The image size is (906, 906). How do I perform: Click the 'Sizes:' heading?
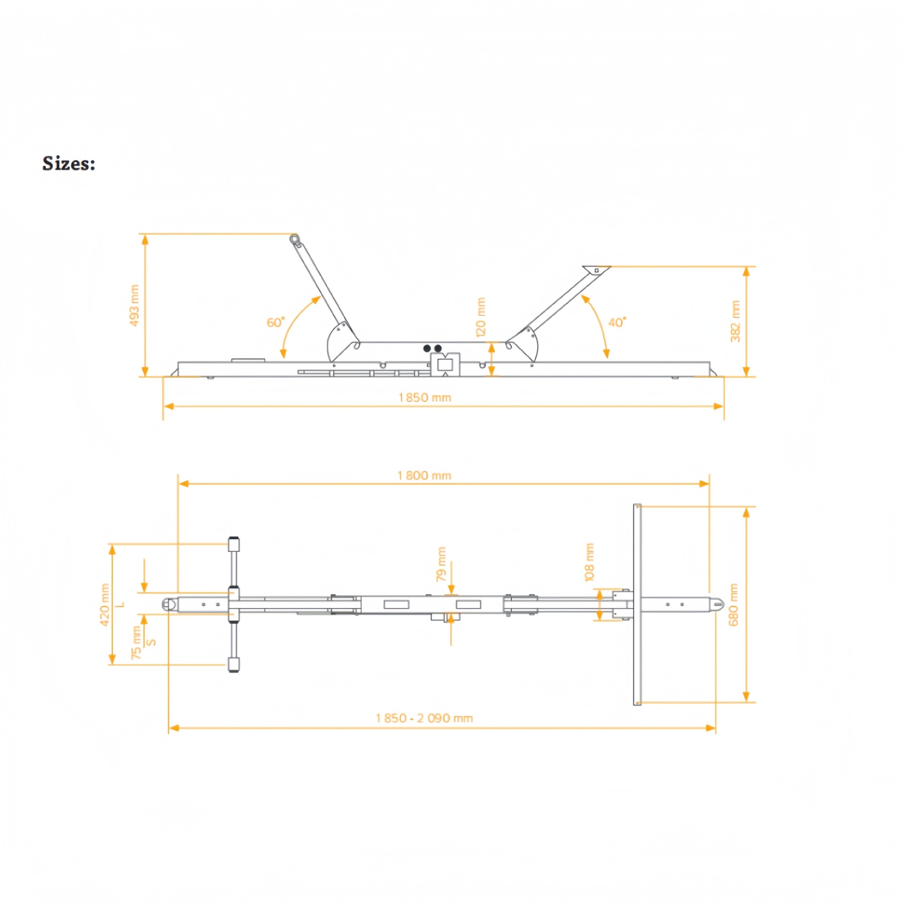click(69, 164)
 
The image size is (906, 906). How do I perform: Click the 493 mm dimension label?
click(134, 305)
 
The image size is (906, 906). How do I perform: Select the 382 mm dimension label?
click(735, 321)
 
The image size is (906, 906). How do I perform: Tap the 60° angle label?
click(276, 322)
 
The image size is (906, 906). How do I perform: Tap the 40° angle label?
click(617, 322)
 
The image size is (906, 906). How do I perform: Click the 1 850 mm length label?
click(425, 397)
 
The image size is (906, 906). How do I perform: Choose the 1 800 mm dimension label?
click(424, 476)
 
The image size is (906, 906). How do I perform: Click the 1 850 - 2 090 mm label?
click(424, 718)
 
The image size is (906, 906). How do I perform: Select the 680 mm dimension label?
click(733, 604)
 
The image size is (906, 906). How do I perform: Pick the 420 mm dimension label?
click(105, 604)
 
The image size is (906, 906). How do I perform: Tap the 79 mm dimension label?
click(441, 564)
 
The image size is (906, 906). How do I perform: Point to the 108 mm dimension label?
click(589, 562)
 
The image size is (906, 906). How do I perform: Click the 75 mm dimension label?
click(136, 643)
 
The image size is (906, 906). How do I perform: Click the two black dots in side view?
click(432, 348)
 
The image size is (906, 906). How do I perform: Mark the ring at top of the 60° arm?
click(294, 238)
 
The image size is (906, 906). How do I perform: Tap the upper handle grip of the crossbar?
click(234, 544)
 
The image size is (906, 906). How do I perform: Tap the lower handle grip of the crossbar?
click(234, 664)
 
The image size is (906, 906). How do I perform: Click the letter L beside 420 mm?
click(121, 604)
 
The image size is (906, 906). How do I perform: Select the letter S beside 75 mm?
click(151, 642)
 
